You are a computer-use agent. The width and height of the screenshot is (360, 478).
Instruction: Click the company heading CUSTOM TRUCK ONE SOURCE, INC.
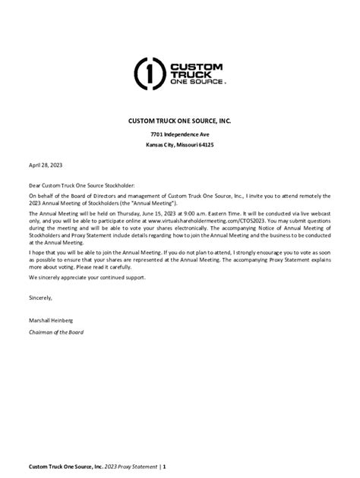coord(180,120)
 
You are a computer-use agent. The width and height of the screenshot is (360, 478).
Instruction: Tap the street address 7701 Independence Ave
coord(180,134)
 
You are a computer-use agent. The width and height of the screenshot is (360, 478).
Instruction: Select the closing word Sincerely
coord(42,298)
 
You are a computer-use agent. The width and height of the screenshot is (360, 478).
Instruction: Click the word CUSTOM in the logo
coord(195,64)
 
